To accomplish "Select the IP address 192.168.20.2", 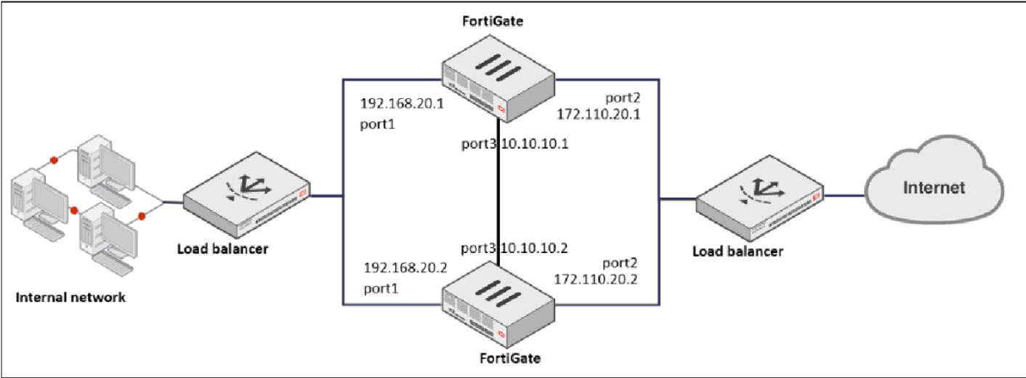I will click(x=405, y=268).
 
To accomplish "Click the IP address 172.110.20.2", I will click(x=595, y=278).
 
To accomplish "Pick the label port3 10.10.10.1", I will click(x=513, y=143).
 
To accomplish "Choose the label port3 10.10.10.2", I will click(x=513, y=249).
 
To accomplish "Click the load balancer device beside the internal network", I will click(x=246, y=191).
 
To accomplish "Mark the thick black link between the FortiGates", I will click(x=498, y=196).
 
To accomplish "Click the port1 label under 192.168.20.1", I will click(x=376, y=124).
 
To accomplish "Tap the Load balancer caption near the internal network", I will click(x=223, y=249).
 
